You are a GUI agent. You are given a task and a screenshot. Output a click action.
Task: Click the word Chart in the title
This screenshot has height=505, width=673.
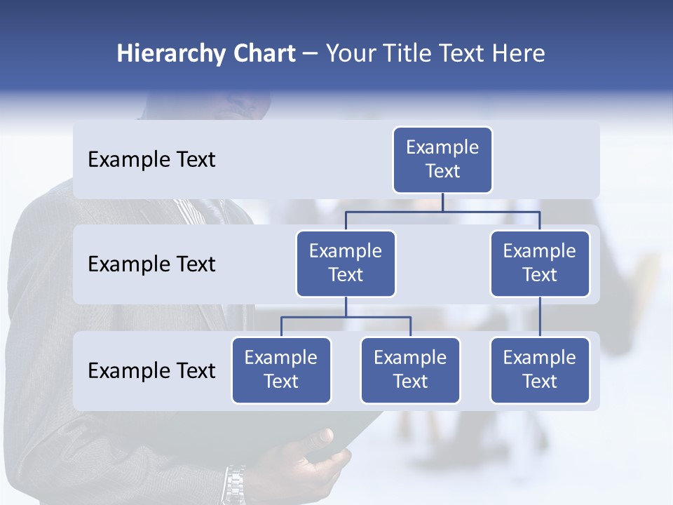click(x=264, y=54)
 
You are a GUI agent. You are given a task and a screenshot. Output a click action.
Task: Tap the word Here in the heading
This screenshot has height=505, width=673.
click(x=518, y=54)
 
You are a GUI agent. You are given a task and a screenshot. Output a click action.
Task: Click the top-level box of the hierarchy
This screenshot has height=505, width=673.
click(x=442, y=160)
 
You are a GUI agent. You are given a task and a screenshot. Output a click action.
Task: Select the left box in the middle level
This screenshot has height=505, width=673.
click(x=346, y=264)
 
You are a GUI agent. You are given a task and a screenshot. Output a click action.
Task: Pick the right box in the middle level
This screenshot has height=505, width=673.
click(x=540, y=264)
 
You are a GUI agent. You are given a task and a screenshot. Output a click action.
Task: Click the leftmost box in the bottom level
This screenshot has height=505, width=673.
click(x=281, y=370)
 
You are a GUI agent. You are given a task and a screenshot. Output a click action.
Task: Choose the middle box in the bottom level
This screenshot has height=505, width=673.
click(x=410, y=370)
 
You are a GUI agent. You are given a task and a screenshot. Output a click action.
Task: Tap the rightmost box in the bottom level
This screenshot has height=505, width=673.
click(x=540, y=370)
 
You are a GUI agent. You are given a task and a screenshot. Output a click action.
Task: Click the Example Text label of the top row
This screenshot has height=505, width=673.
click(x=151, y=160)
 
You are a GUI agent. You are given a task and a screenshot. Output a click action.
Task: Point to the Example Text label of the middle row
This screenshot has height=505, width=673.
click(x=151, y=264)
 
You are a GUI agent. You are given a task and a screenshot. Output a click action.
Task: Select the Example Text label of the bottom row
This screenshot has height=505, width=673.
click(x=151, y=370)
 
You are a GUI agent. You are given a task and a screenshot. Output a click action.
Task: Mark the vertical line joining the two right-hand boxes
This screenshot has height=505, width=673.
click(x=540, y=317)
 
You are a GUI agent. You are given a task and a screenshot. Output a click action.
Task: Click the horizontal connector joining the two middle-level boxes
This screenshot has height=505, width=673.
click(x=442, y=211)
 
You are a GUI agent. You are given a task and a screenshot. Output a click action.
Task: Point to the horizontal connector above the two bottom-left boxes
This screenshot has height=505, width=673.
click(x=346, y=317)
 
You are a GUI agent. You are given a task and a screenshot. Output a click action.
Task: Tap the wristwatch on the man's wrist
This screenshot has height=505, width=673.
click(x=234, y=484)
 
